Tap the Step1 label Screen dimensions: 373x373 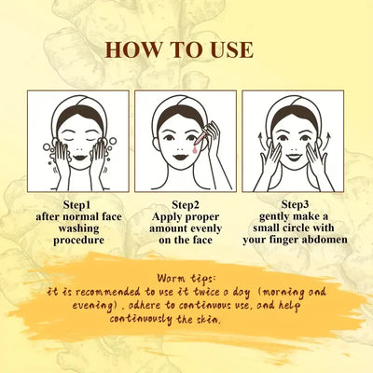tap(77, 202)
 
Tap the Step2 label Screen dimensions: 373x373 tap(186, 202)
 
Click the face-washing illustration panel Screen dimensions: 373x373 tap(77, 141)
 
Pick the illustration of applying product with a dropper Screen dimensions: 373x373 tap(186, 141)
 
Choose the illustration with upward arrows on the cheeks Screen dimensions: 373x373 tap(294, 141)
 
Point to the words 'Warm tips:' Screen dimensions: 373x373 tap(186, 278)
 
